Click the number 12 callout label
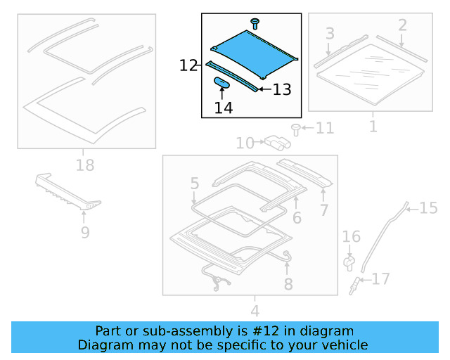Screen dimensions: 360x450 tap(188, 66)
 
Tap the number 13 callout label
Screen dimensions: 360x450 tap(281, 89)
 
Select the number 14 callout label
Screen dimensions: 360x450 tap(224, 108)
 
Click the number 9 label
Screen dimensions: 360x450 tap(85, 231)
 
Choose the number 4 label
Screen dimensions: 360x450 tap(255, 310)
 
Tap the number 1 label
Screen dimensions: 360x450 tap(373, 127)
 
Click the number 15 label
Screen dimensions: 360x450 tap(428, 207)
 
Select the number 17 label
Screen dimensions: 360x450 tap(380, 279)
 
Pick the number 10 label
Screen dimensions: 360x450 tap(245, 143)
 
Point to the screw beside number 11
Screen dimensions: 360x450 tap(296, 129)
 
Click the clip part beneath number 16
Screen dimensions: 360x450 tap(349, 262)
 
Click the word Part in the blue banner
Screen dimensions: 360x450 tap(108, 330)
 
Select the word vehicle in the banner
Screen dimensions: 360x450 tap(345, 345)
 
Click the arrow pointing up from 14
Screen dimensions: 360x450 tap(224, 94)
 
